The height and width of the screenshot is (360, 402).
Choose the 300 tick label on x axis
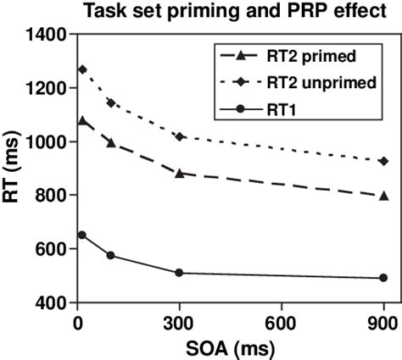tap(179, 322)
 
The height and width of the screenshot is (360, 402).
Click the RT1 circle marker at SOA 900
tap(383, 278)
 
